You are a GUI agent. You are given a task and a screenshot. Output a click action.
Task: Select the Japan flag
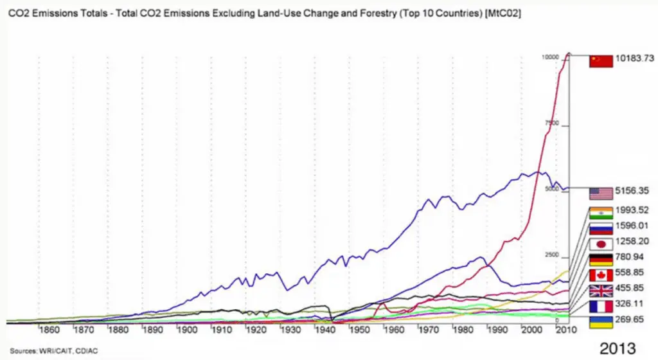[x=601, y=244]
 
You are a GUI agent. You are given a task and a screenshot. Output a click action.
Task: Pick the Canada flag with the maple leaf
[x=601, y=275]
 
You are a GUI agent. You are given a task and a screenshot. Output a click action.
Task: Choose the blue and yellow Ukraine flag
[x=601, y=321]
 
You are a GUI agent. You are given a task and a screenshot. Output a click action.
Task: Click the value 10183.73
[x=635, y=59]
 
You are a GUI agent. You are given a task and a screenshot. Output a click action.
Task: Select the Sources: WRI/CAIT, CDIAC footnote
[x=48, y=350]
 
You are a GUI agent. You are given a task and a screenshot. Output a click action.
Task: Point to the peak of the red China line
[x=568, y=53]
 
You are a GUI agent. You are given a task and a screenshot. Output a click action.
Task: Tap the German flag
[x=601, y=260]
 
